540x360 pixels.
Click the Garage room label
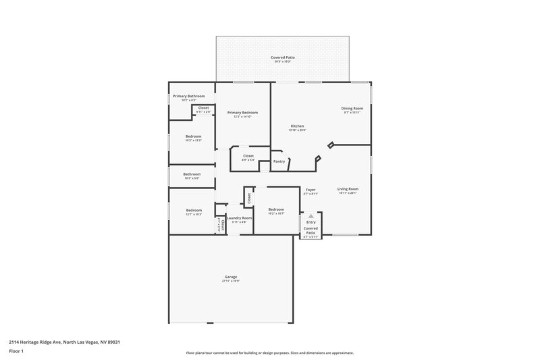[x=231, y=277]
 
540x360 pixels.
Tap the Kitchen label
[x=298, y=126]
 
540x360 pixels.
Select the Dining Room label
[x=352, y=109]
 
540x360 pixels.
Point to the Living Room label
[x=348, y=189]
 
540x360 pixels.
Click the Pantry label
[x=279, y=161]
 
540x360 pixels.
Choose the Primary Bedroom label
[x=242, y=112]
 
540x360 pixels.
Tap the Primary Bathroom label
[x=188, y=96]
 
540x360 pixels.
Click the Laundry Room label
[x=239, y=217]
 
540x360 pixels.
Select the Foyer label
[x=310, y=190]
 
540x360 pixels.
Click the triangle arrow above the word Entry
[x=310, y=216]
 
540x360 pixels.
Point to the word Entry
[x=310, y=222]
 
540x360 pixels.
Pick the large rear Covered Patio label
[x=282, y=58]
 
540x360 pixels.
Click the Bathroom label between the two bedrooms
[x=192, y=174]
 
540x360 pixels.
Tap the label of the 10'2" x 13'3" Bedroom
[x=194, y=136]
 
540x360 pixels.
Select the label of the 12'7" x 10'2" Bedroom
[x=194, y=210]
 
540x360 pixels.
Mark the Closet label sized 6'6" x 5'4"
[x=248, y=156]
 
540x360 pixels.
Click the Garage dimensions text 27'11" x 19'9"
[x=231, y=281]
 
